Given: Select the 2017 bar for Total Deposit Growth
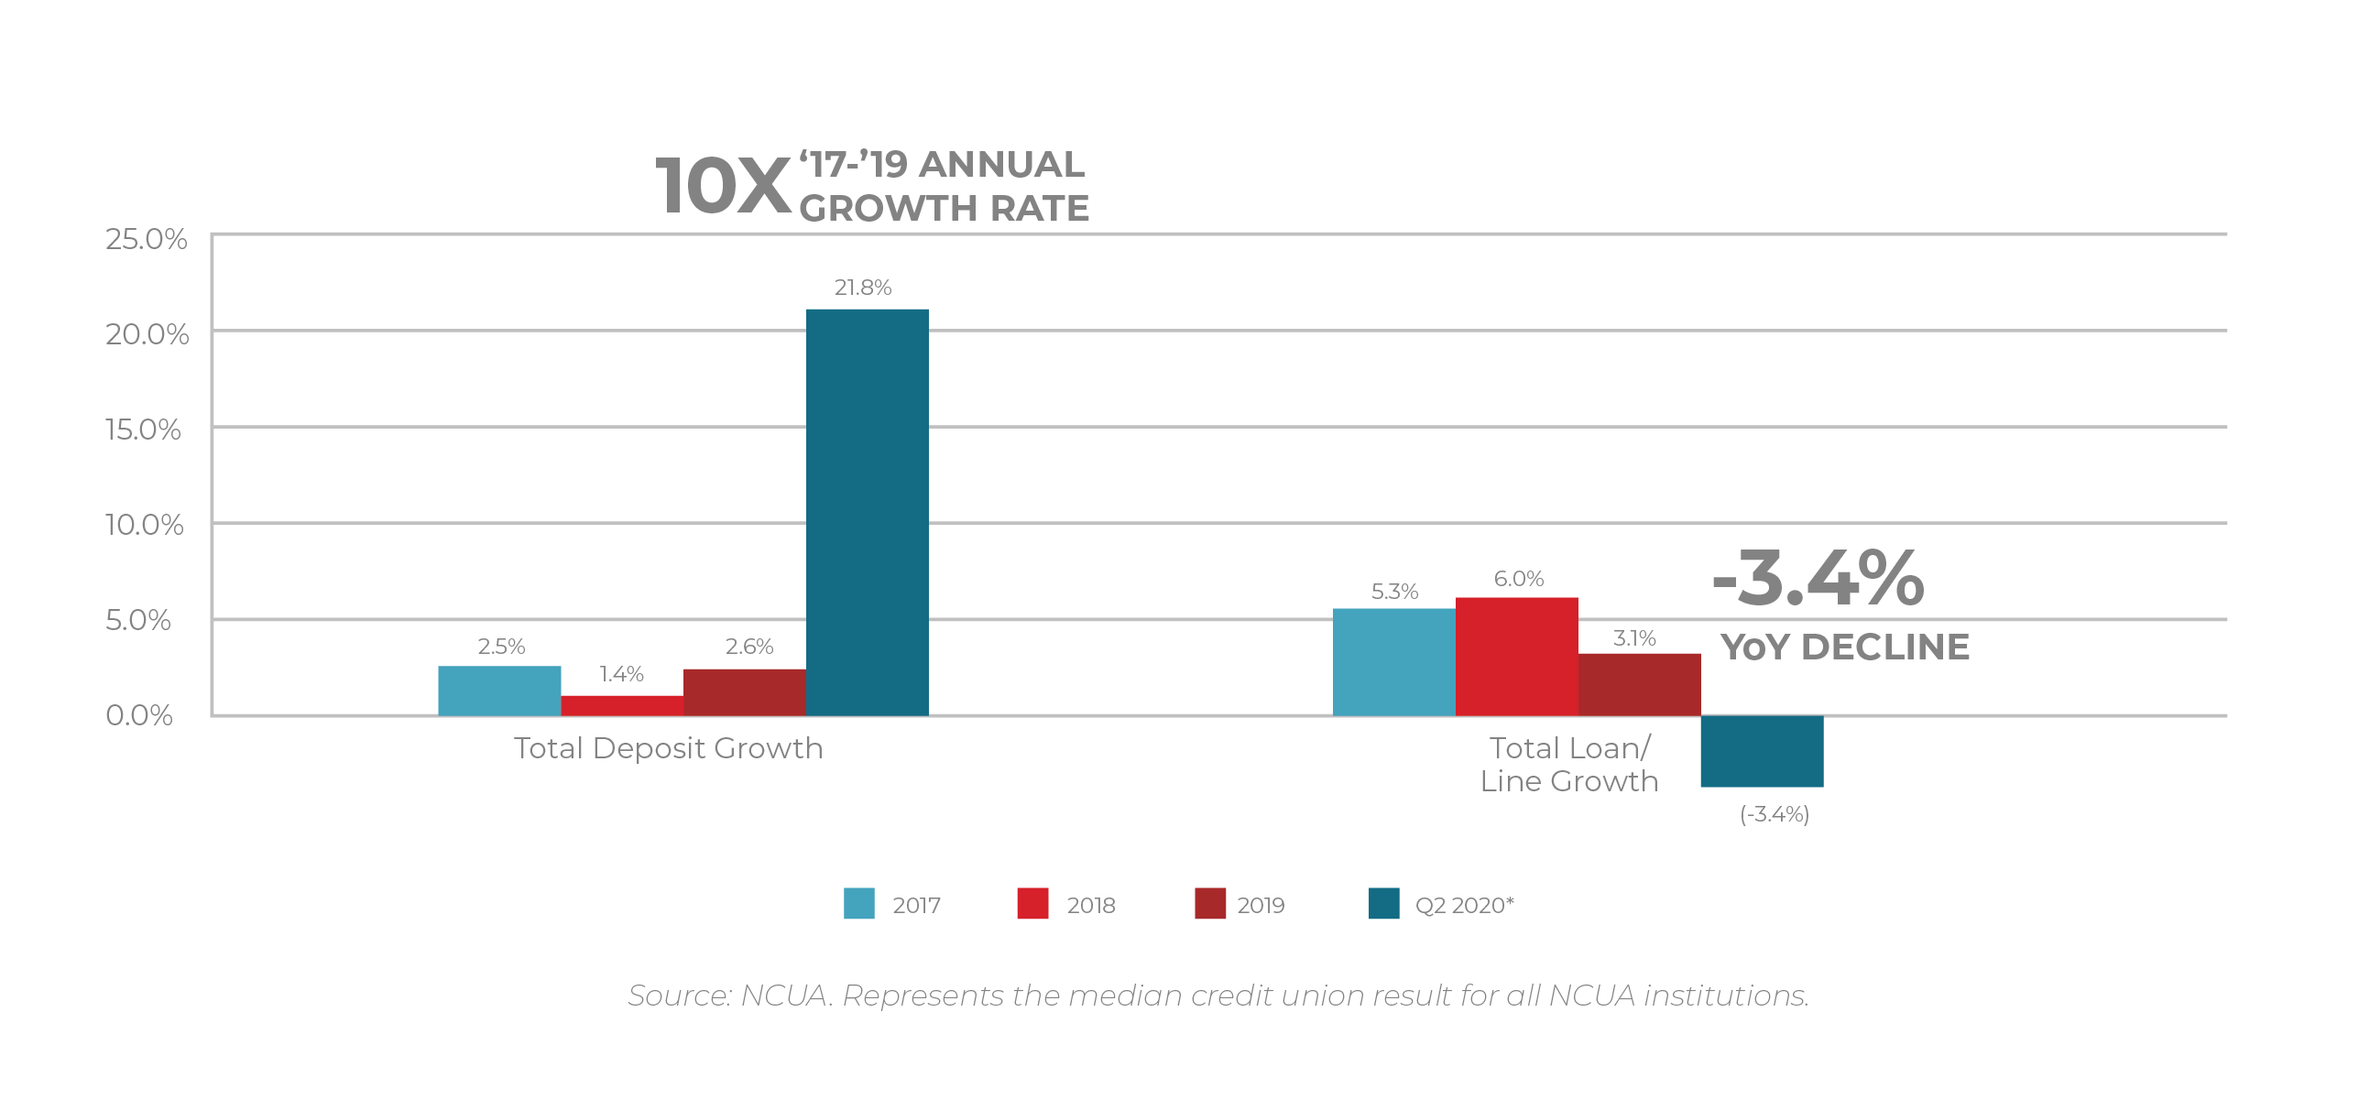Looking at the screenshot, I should (x=499, y=691).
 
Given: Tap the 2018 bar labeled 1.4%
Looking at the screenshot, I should (x=622, y=705).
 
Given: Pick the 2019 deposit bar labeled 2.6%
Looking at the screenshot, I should (x=745, y=691).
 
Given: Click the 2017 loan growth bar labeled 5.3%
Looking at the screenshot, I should (x=1393, y=661).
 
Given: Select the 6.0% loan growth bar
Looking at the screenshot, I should (x=1516, y=656).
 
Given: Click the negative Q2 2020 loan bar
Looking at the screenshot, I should (x=1762, y=751).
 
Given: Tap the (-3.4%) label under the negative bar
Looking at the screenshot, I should (x=1774, y=814).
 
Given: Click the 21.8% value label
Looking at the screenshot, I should (x=862, y=288).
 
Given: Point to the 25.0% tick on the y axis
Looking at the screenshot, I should (x=146, y=239).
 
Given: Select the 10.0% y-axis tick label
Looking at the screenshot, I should (x=144, y=525).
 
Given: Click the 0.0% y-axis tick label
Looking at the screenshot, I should (x=139, y=715).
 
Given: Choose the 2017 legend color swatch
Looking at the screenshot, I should (x=858, y=903).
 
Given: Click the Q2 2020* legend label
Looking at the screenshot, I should (x=1464, y=905).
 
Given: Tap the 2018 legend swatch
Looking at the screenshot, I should (x=1032, y=903).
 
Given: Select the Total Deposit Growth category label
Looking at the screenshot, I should (x=668, y=748).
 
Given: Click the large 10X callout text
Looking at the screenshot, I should (x=723, y=187).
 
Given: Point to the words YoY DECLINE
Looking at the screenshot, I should (x=1844, y=647).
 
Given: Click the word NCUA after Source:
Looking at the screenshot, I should (x=784, y=996).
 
